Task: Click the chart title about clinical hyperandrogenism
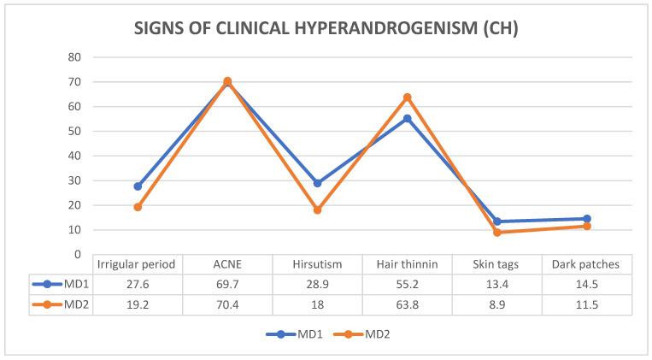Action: (x=326, y=27)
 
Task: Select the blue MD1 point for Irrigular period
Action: (x=138, y=186)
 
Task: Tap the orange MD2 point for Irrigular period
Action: (x=138, y=207)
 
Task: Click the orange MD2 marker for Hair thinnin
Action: (x=408, y=97)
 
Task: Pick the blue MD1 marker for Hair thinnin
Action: (x=408, y=118)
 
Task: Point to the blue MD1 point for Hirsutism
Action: (x=317, y=183)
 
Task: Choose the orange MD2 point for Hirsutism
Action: (x=317, y=210)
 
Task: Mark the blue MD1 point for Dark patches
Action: (x=587, y=219)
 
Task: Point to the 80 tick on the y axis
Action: (x=74, y=57)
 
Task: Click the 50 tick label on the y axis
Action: (x=74, y=132)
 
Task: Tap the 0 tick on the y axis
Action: (x=78, y=255)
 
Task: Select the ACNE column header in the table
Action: (x=227, y=264)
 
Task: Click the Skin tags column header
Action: (x=496, y=264)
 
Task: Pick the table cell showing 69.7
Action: (x=227, y=283)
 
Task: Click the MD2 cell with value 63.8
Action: (x=408, y=302)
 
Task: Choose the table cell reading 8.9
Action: (x=496, y=302)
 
